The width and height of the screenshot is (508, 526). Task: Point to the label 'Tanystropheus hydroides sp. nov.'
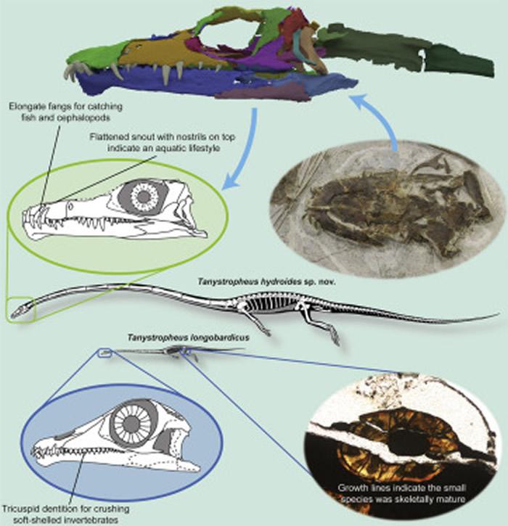click(x=267, y=282)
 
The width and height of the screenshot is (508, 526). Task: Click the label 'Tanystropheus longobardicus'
click(x=188, y=337)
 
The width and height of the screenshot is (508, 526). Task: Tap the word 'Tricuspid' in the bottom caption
click(x=22, y=509)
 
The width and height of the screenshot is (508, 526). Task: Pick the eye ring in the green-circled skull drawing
click(x=143, y=197)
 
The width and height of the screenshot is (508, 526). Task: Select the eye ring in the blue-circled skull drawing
click(x=134, y=422)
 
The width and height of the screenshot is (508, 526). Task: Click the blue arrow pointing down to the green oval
click(x=248, y=155)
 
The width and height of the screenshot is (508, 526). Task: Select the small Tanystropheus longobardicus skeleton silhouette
click(x=174, y=353)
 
